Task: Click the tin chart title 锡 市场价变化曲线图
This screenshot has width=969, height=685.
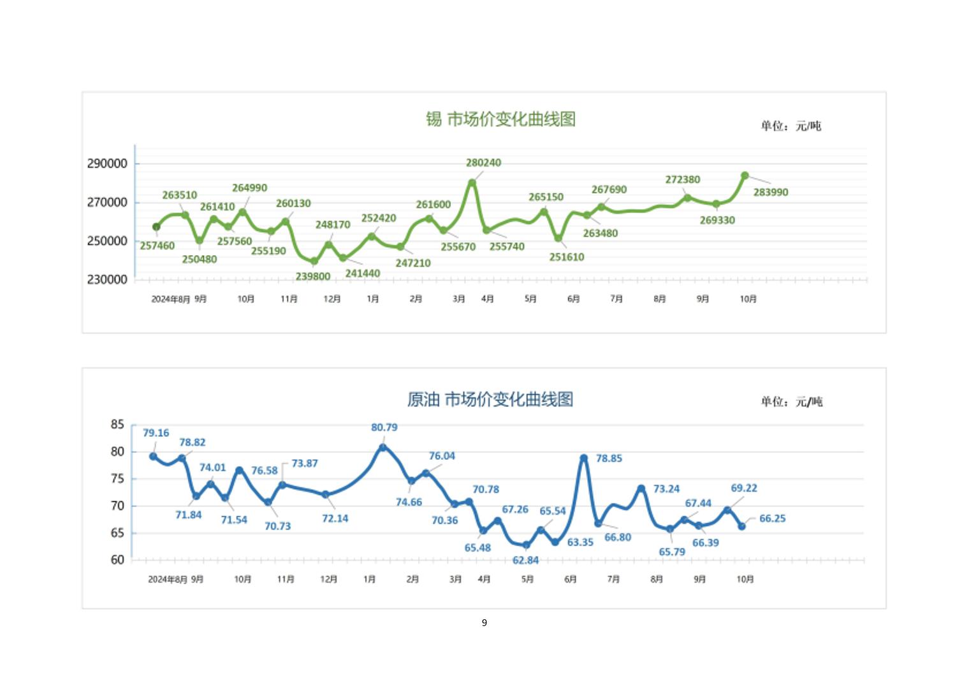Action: [x=500, y=119]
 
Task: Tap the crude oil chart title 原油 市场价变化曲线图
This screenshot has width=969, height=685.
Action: [x=490, y=399]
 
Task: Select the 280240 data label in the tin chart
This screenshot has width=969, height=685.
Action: [x=483, y=163]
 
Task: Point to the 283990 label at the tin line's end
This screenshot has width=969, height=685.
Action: [x=770, y=192]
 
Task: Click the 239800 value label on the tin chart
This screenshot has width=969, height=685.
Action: [x=312, y=277]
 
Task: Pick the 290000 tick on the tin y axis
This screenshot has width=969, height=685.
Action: [x=107, y=164]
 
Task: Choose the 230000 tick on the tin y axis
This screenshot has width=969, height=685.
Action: [x=107, y=279]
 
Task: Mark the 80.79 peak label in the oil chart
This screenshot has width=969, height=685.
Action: [x=384, y=427]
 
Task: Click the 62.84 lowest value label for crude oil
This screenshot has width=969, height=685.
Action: [x=525, y=560]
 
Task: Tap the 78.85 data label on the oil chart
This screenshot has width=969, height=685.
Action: [x=609, y=459]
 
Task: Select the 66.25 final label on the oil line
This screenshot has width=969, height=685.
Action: [x=772, y=519]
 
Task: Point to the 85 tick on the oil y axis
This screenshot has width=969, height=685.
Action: [x=117, y=424]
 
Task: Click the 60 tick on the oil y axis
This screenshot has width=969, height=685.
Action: [x=117, y=560]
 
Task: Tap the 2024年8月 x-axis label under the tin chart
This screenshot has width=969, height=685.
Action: [x=170, y=299]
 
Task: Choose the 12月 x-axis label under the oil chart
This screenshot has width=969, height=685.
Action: [x=328, y=579]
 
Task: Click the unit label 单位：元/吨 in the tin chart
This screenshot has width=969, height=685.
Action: [x=790, y=126]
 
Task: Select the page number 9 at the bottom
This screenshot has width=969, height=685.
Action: [x=484, y=622]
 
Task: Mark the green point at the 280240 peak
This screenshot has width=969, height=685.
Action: [x=472, y=182]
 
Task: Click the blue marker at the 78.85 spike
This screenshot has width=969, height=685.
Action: [x=583, y=458]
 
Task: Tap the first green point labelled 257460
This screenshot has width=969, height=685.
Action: [x=156, y=226]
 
